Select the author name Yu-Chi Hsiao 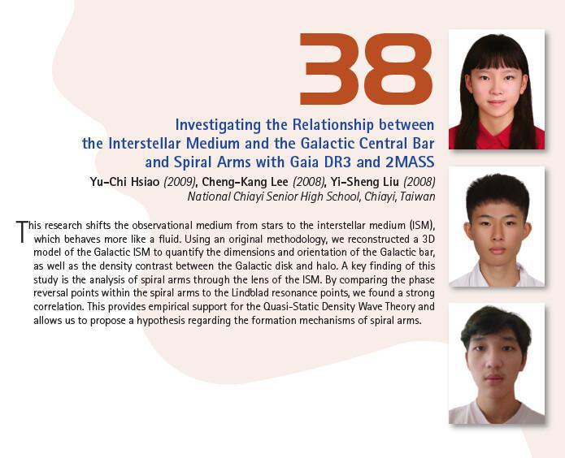point(126,181)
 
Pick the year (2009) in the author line point(182,181)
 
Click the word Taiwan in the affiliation point(415,196)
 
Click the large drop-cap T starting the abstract point(22,231)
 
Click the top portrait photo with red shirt point(496,89)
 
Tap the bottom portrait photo point(496,364)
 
